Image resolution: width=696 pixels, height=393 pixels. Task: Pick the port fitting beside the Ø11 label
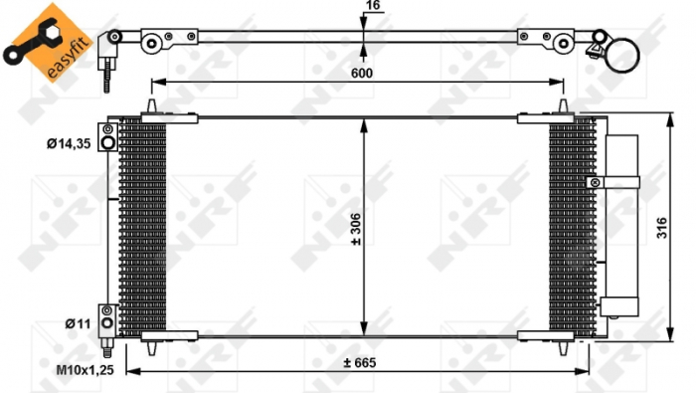point(107,316)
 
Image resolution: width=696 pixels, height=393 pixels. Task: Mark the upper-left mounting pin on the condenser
point(151,107)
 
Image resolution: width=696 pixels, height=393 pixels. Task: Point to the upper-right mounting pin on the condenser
point(564,107)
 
